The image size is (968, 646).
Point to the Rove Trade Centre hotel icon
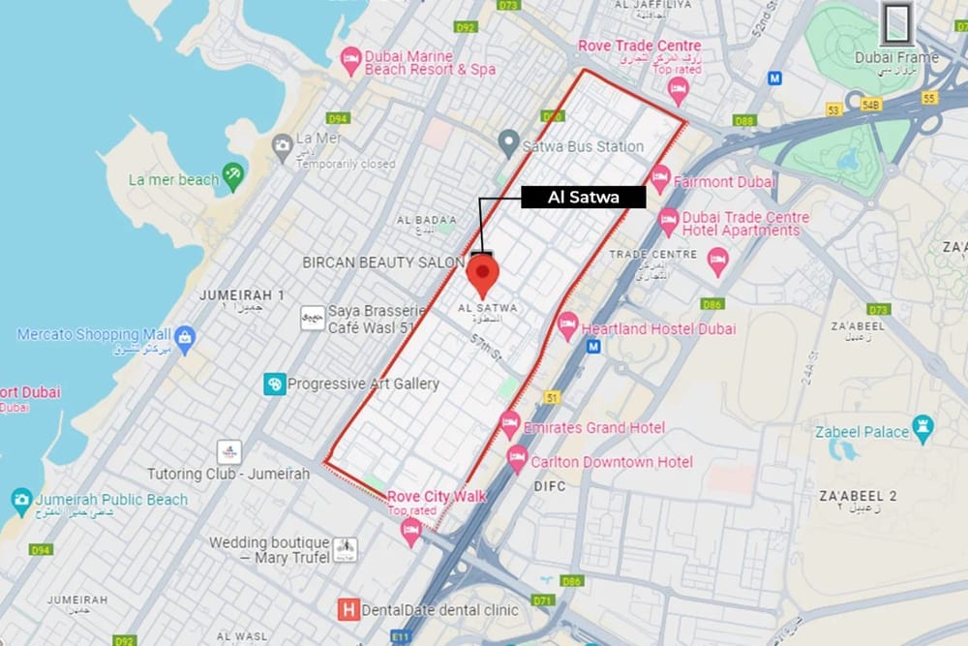coord(678,90)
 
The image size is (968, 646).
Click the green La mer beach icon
coord(233,177)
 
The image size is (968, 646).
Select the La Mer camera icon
coord(283,147)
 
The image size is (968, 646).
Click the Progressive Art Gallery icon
coord(275,385)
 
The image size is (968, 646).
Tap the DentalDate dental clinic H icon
coord(348,610)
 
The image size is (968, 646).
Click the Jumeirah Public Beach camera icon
coord(21,501)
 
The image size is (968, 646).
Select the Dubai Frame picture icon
coord(897,21)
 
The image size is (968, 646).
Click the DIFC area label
coord(549,487)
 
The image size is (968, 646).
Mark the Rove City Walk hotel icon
coord(411,530)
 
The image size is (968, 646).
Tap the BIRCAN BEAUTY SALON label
coord(385,262)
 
